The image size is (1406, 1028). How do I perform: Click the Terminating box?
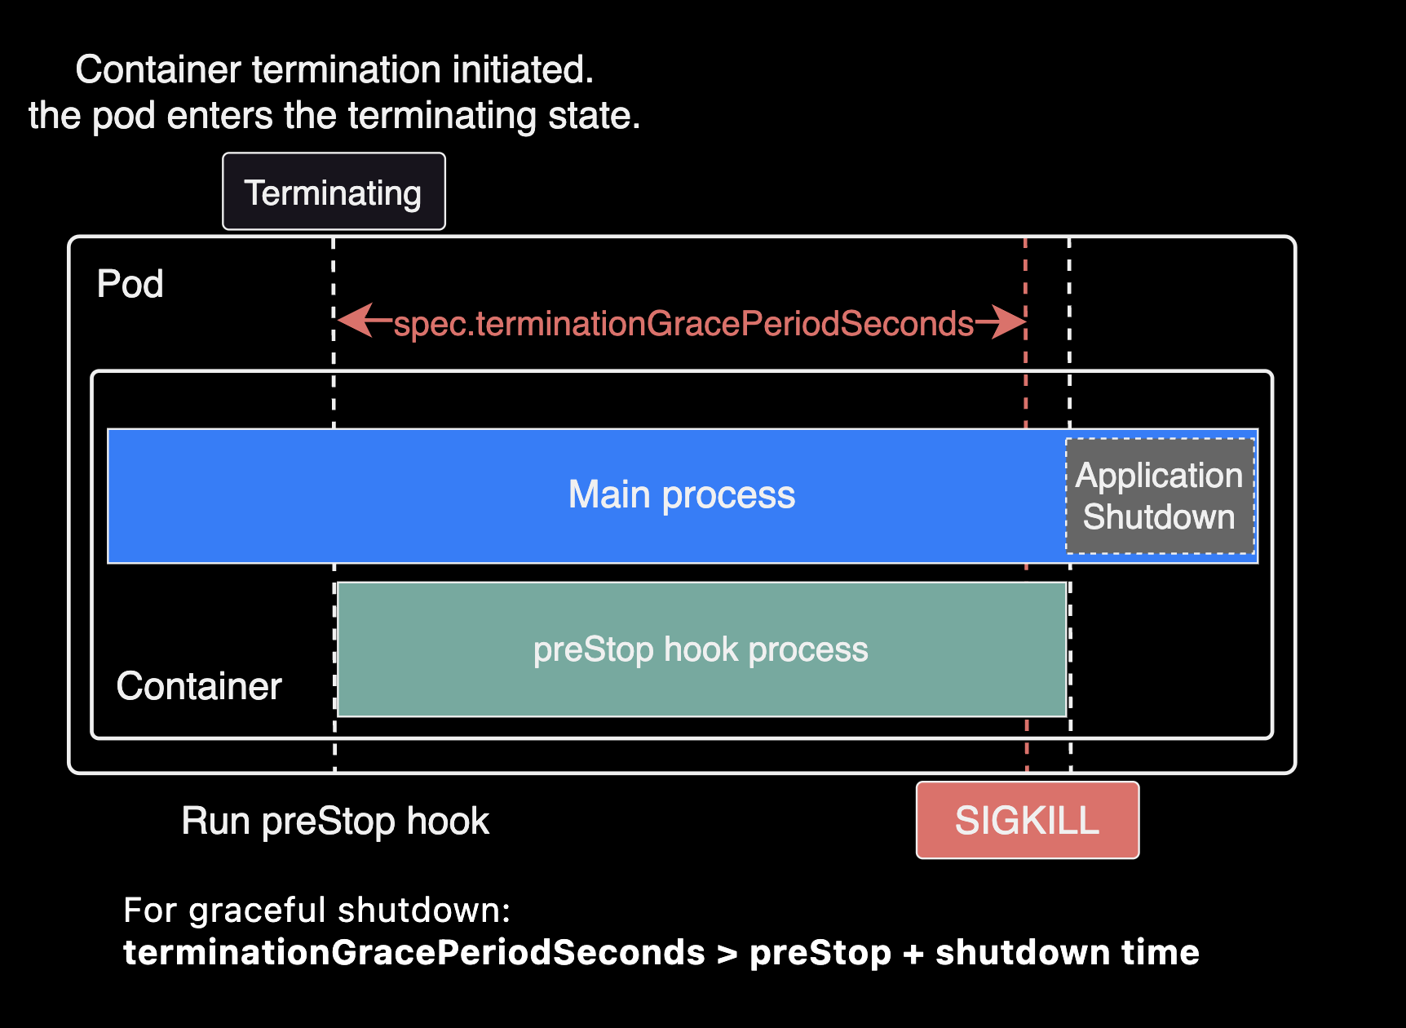334,192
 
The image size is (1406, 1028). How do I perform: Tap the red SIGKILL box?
1027,820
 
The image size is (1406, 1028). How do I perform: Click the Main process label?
681,495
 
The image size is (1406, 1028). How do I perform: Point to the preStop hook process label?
701,649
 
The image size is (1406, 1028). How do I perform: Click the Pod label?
130,284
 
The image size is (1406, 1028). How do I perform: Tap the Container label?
199,685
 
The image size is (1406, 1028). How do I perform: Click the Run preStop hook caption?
335,821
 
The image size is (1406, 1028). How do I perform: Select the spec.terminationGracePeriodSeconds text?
683,324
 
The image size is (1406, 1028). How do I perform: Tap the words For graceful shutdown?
316,910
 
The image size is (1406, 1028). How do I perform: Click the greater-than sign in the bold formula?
727,953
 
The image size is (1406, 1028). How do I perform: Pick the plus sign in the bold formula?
913,953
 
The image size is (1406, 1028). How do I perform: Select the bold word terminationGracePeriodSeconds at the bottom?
413,953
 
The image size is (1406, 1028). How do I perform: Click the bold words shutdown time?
1067,953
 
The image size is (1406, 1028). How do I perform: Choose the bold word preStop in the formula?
820,953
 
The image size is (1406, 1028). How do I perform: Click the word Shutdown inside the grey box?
1158,517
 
